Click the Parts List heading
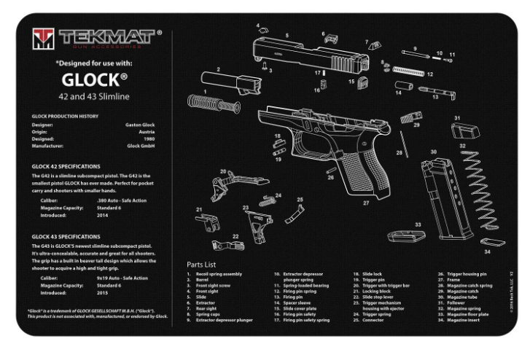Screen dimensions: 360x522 coord(201,264)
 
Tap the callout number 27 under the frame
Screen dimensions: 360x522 coord(366,203)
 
